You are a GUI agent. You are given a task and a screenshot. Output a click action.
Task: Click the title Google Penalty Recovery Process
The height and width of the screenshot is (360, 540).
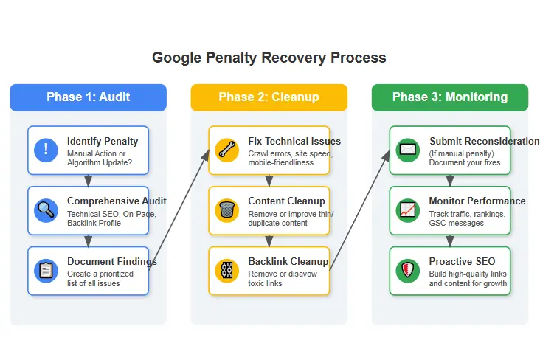(269, 58)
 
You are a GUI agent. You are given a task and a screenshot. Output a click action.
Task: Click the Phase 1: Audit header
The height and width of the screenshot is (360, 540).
(89, 97)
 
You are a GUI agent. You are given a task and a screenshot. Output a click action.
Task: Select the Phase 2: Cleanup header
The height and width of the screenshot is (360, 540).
(269, 97)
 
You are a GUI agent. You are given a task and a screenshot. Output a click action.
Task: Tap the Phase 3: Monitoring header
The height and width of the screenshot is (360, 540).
(449, 97)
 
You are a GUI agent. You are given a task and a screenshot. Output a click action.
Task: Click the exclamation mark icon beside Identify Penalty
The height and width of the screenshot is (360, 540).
(46, 150)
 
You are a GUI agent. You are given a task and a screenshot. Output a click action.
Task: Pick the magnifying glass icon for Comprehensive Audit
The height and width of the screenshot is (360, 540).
(46, 210)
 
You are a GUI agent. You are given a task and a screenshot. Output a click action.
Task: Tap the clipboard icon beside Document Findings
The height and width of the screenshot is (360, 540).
(46, 270)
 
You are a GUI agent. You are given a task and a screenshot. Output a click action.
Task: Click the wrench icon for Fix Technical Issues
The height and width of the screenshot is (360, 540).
(226, 150)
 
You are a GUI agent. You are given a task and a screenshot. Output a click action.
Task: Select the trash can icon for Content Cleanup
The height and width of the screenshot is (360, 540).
(226, 210)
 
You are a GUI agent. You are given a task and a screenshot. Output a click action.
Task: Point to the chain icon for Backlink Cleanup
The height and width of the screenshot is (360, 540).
(226, 270)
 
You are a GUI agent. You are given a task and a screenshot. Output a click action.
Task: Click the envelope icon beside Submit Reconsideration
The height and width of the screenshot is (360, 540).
(407, 150)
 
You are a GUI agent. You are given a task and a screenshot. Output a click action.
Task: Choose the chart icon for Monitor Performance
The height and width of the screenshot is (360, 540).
(407, 210)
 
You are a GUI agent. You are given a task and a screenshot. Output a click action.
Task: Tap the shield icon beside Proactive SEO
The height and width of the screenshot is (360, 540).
(407, 270)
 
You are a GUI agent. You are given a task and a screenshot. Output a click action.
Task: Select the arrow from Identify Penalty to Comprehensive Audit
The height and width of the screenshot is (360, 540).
(88, 180)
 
